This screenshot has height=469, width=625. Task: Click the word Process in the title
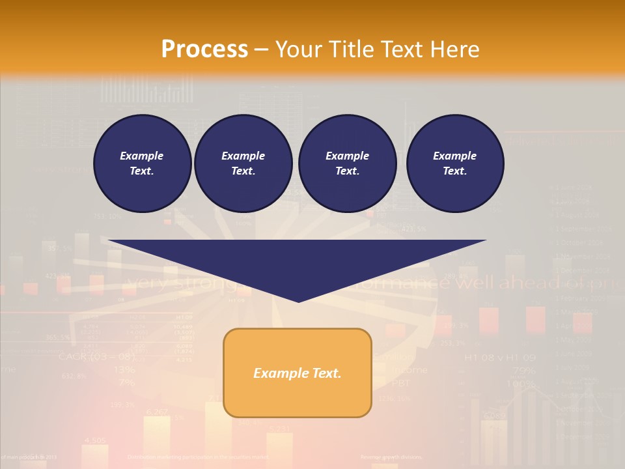[204, 50]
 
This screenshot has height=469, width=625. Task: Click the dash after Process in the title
[262, 50]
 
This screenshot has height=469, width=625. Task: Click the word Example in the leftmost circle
[142, 156]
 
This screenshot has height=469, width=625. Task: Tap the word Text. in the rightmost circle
[455, 171]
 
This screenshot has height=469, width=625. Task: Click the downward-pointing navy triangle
[298, 261]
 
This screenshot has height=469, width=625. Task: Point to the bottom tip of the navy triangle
[298, 300]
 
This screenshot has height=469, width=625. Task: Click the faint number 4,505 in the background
[95, 440]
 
